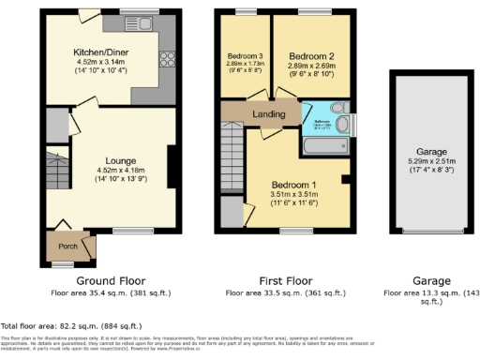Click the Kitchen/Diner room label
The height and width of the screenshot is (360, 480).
click(x=103, y=53)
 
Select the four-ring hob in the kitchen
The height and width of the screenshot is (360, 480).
click(x=170, y=59)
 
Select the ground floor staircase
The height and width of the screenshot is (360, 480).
click(x=55, y=196)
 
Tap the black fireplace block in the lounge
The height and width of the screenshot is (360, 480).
click(x=171, y=163)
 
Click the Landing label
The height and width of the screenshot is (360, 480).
click(x=269, y=113)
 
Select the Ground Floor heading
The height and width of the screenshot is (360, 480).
click(x=110, y=279)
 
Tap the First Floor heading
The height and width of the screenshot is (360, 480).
click(x=284, y=279)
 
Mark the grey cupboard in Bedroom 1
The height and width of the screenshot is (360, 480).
click(x=232, y=211)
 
